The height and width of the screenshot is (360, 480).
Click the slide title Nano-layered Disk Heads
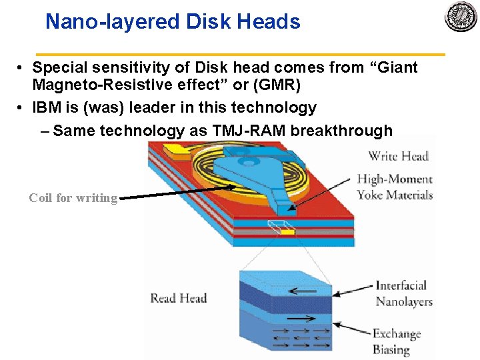click(x=173, y=22)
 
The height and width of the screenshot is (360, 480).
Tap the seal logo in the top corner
click(x=461, y=17)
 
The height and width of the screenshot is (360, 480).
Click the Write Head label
click(x=398, y=156)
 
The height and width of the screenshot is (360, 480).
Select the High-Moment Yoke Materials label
click(x=395, y=187)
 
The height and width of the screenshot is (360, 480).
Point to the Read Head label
click(x=178, y=298)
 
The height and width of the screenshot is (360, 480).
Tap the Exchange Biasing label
click(x=397, y=341)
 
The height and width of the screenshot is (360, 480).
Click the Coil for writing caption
click(x=73, y=198)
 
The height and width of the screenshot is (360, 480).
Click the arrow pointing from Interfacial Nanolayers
click(x=353, y=289)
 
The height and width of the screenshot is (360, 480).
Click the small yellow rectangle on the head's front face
click(x=287, y=231)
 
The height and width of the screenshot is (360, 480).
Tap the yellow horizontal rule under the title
click(x=240, y=53)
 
